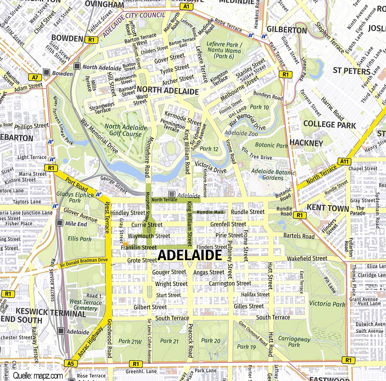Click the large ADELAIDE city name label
click(x=190, y=255)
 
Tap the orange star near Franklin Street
click(x=125, y=243)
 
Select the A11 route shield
click(x=344, y=161)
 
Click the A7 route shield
click(x=35, y=77)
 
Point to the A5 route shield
click(x=71, y=363)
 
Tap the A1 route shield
click(x=186, y=7)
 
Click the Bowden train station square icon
click(x=47, y=72)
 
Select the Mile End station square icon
click(x=60, y=223)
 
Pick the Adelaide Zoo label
click(x=241, y=133)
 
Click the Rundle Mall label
click(x=210, y=212)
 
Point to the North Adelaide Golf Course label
click(x=126, y=130)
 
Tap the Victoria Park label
click(x=327, y=304)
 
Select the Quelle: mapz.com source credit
click(x=38, y=376)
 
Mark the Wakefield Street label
click(x=307, y=258)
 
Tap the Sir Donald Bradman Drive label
click(x=84, y=262)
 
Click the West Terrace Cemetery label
click(x=86, y=305)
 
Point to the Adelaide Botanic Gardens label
click(x=273, y=175)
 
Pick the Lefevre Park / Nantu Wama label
click(x=224, y=50)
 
